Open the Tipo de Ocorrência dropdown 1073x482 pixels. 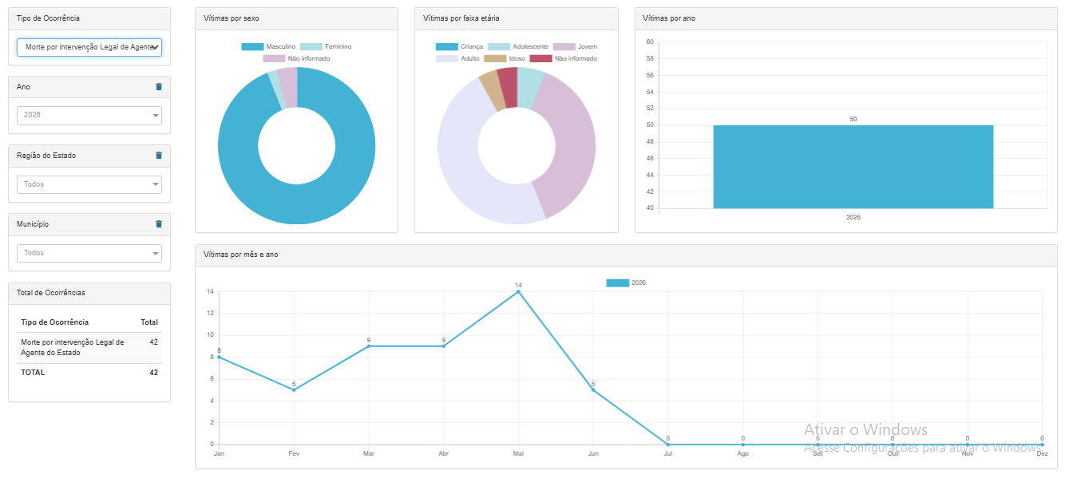click(x=89, y=47)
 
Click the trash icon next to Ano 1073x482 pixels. click(x=159, y=87)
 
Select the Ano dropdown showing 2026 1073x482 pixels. click(x=89, y=116)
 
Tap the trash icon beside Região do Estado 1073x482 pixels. click(x=159, y=155)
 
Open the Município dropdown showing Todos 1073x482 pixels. click(x=89, y=253)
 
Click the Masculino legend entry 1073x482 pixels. click(x=269, y=46)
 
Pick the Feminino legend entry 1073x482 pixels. click(x=326, y=46)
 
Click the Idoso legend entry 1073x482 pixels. click(x=505, y=58)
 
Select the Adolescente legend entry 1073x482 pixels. click(x=518, y=46)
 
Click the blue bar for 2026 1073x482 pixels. click(x=853, y=167)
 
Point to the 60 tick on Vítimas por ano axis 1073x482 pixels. click(x=650, y=41)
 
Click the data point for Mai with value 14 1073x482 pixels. click(x=518, y=291)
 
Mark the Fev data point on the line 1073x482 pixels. click(x=294, y=389)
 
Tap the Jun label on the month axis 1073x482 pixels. click(x=593, y=453)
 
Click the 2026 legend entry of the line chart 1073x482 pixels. click(x=626, y=282)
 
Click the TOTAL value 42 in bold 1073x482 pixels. click(x=153, y=373)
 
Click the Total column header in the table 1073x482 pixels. click(x=149, y=322)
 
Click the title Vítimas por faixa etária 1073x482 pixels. click(x=461, y=18)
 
